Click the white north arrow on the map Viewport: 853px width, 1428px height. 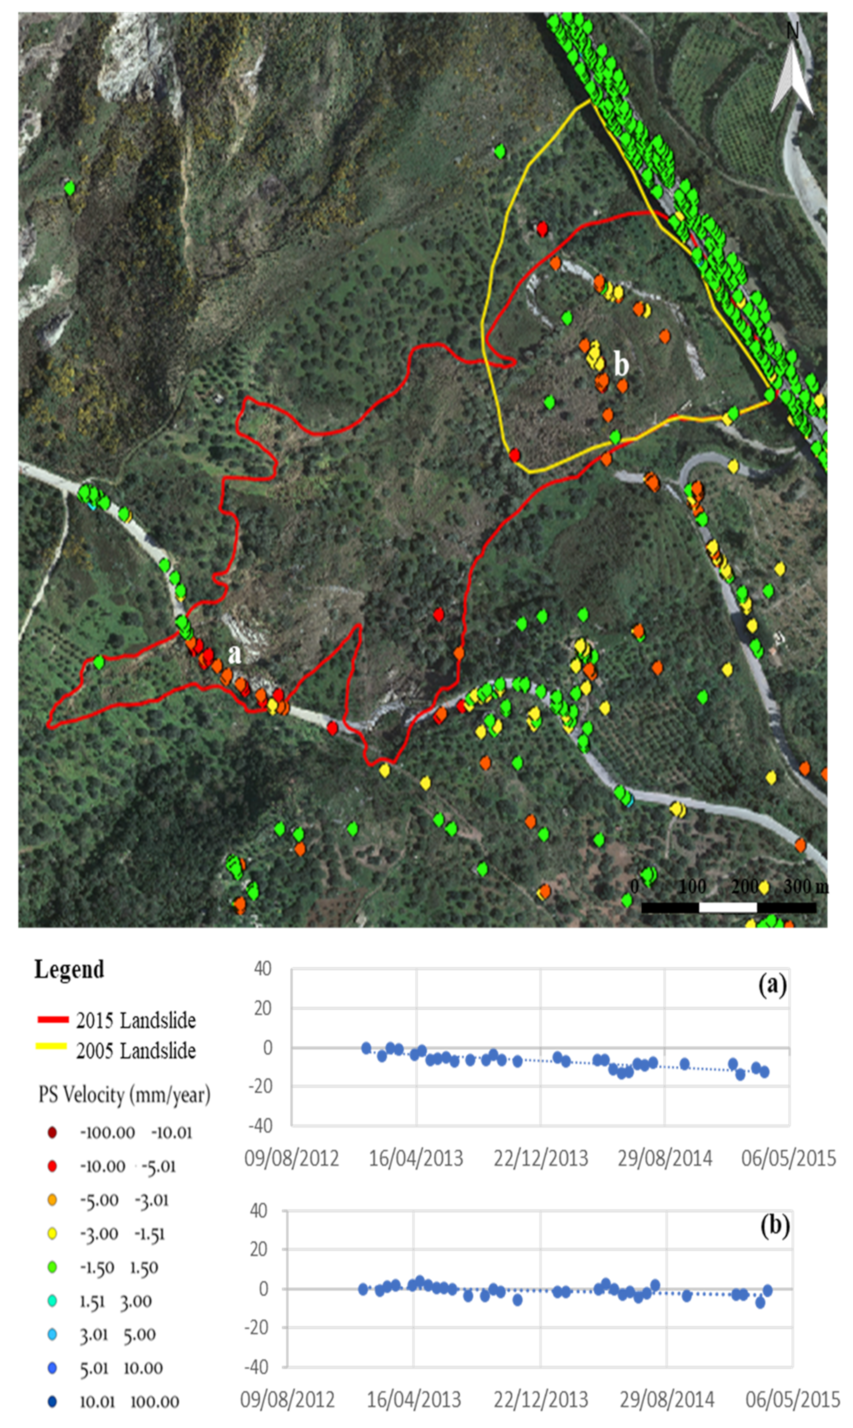point(792,77)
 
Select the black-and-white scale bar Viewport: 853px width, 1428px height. point(728,907)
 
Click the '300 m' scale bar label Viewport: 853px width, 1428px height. point(805,887)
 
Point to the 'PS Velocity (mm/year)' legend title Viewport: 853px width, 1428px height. point(124,1095)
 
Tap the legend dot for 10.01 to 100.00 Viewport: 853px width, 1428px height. point(52,1402)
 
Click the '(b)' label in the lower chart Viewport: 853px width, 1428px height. point(774,1226)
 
